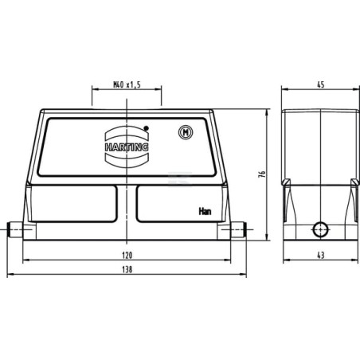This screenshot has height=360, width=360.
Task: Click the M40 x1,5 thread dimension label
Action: (127, 85)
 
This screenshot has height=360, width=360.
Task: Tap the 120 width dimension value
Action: (127, 256)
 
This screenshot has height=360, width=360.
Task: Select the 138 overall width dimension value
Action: (127, 269)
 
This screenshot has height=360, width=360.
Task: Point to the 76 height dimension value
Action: (262, 174)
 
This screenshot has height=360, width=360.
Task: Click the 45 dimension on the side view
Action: (321, 84)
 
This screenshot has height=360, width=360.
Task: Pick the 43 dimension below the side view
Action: (321, 256)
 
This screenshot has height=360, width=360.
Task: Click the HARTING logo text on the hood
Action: (127, 147)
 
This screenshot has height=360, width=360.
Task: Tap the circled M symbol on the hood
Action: (186, 132)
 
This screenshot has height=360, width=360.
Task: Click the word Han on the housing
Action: (205, 211)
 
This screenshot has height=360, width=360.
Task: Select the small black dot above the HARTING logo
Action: (146, 128)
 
